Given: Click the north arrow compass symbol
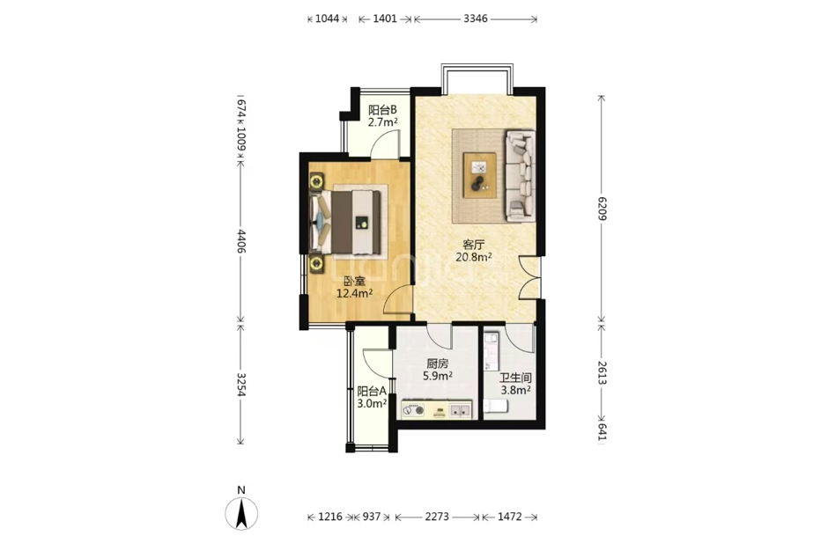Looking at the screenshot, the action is (x=241, y=513).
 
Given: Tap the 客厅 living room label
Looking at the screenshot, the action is (x=474, y=246).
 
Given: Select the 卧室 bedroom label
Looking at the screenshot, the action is (x=355, y=282).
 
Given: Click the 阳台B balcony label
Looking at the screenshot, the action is (x=382, y=110).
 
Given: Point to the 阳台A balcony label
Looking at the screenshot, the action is (x=372, y=392).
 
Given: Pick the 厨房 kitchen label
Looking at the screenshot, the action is (x=437, y=364).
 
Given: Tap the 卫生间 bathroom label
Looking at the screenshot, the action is (x=515, y=378).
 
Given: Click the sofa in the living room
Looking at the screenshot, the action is (x=521, y=176).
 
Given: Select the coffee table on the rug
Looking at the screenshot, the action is (x=479, y=175).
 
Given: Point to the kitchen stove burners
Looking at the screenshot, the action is (x=412, y=410).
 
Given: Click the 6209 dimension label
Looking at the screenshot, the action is (x=603, y=209).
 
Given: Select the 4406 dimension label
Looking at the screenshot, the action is (x=240, y=241).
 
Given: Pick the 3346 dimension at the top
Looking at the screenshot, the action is (x=476, y=19).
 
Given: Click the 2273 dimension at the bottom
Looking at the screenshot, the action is (x=437, y=517).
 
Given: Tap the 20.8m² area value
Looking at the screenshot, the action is (x=474, y=258).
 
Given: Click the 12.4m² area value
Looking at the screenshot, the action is (x=355, y=294).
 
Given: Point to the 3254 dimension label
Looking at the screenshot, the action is (x=240, y=385).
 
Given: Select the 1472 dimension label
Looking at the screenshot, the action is (x=510, y=517).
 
